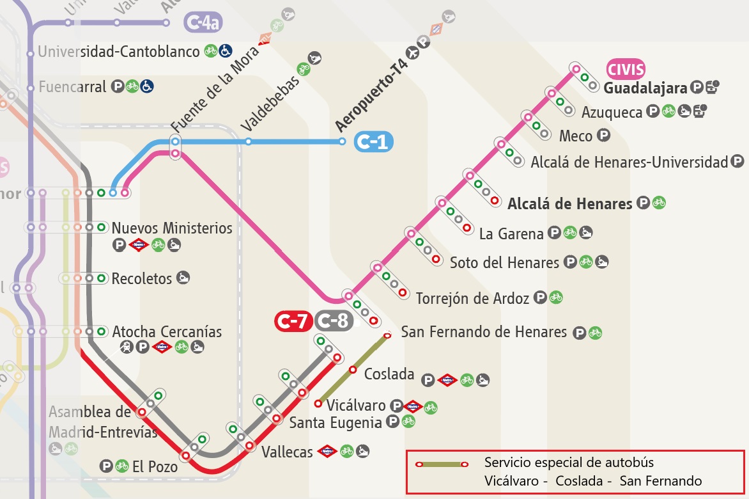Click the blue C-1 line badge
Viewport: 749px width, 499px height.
374,142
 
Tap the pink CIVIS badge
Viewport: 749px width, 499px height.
626,69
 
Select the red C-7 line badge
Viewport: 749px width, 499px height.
293,321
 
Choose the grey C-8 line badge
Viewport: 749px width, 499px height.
334,321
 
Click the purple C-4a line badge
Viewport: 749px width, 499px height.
203,23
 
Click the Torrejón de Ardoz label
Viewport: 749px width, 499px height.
472,298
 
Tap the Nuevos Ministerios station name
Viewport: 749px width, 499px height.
172,228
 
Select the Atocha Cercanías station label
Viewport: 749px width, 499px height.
167,332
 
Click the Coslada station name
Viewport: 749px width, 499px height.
389,374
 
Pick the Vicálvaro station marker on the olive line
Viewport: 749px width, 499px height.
318,403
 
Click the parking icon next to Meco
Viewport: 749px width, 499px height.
603,136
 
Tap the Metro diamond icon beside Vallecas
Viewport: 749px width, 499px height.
327,452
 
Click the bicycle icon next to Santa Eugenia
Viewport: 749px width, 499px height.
408,422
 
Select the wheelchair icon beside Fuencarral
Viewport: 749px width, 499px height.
147,86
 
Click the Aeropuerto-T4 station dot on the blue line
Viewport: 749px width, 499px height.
342,141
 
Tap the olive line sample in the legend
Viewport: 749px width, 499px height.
440,464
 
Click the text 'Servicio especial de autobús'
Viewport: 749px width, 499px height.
569,462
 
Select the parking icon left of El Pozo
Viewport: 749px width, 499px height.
107,466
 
